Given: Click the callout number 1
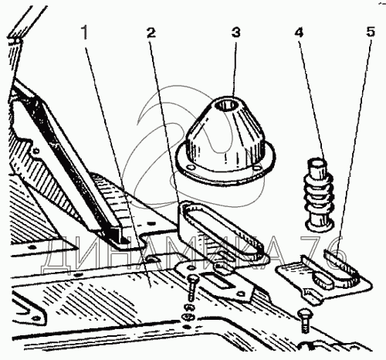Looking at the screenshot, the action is pos(85,33).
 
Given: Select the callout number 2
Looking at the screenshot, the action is pos(151,33).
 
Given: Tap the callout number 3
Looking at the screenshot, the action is pos(235,33).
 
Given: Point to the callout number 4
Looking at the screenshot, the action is pos(299,33).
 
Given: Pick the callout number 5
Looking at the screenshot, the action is pos(371,32).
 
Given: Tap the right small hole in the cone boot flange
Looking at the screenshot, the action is pos(256,168).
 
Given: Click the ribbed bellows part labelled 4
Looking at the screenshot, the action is pos(319,195).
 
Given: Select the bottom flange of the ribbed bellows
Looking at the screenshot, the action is pos(319,225).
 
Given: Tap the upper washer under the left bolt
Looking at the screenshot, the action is pos(189,307).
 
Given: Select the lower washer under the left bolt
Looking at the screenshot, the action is pos(188,316).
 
